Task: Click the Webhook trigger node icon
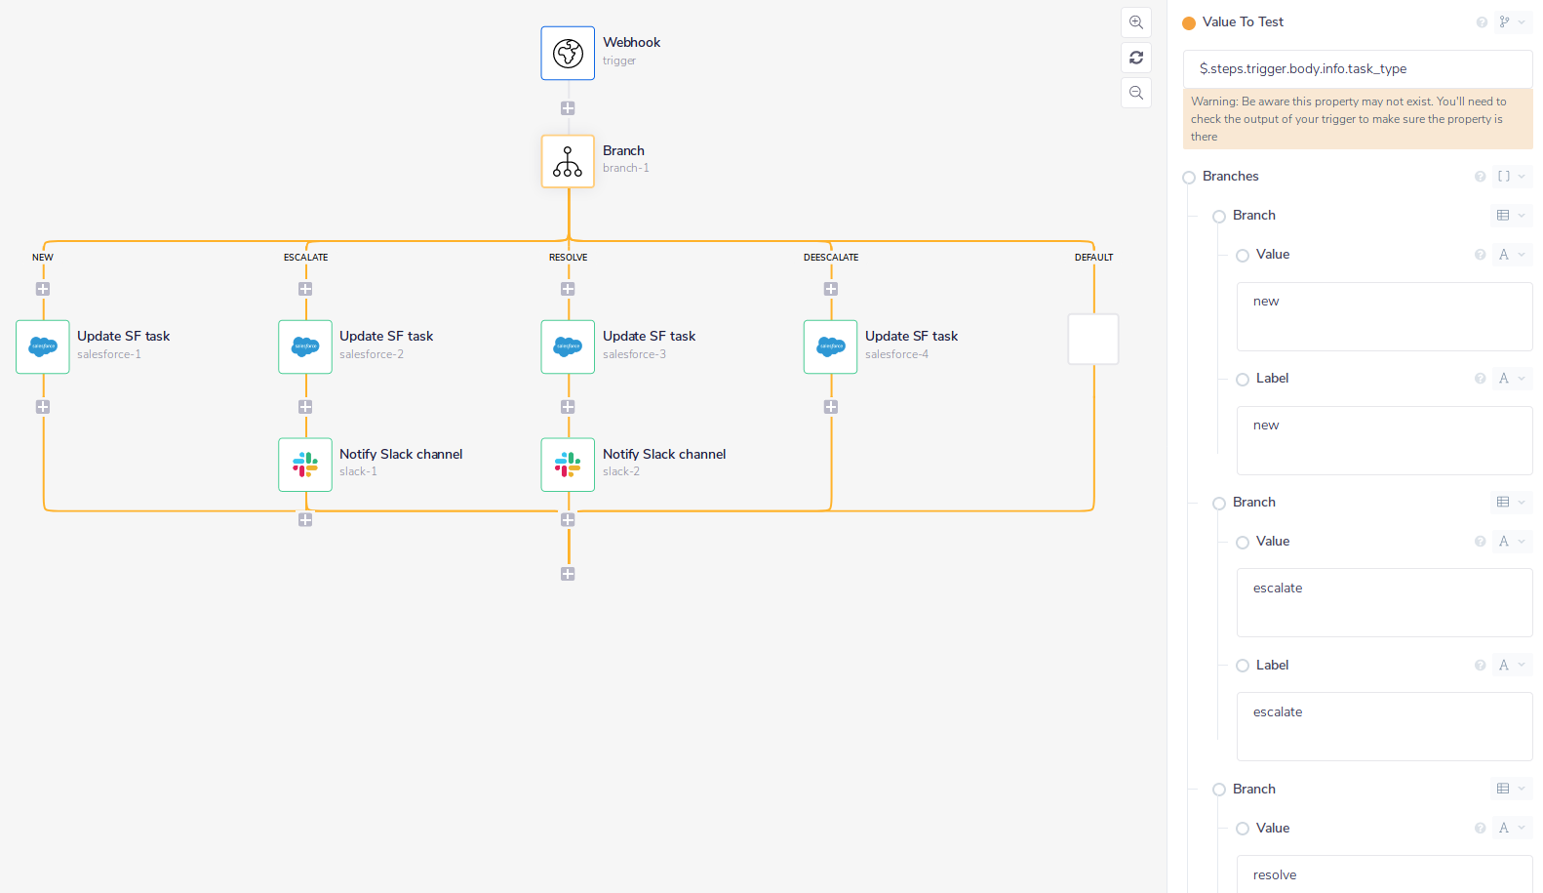(568, 53)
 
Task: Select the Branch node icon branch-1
(568, 161)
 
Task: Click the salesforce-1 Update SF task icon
(43, 346)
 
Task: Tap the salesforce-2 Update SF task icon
(305, 346)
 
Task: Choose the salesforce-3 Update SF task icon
(568, 346)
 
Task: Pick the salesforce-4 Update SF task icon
(831, 346)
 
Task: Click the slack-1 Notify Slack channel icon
(305, 465)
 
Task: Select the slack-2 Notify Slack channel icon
(568, 465)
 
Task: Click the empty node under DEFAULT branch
(1093, 339)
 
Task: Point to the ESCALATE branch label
(305, 258)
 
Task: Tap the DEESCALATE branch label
(831, 258)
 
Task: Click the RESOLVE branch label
(568, 258)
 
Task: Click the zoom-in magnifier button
(1136, 22)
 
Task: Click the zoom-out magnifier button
(1136, 93)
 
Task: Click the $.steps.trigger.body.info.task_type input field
(1357, 69)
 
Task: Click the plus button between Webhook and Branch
(568, 108)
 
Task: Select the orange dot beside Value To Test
(1189, 23)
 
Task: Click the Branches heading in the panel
(1230, 177)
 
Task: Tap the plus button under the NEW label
(43, 289)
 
